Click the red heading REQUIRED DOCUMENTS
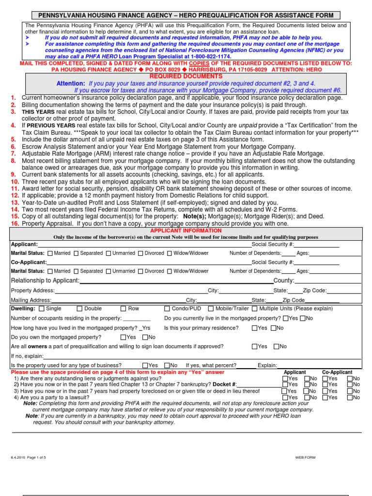(x=186, y=77)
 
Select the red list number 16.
(x=15, y=224)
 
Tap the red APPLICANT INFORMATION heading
(x=186, y=231)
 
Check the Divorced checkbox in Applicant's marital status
(x=140, y=253)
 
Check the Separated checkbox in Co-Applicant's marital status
(x=75, y=271)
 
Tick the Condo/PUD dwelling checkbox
(x=167, y=309)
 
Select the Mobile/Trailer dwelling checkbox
(x=211, y=309)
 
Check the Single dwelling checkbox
(x=41, y=309)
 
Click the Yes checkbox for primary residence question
(x=255, y=328)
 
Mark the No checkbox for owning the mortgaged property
(x=145, y=337)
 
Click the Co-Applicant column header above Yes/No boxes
(x=337, y=372)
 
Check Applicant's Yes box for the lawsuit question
(x=284, y=397)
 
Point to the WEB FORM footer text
(x=306, y=457)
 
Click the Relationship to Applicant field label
(x=45, y=281)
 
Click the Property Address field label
(x=33, y=291)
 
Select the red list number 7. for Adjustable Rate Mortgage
(x=13, y=154)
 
